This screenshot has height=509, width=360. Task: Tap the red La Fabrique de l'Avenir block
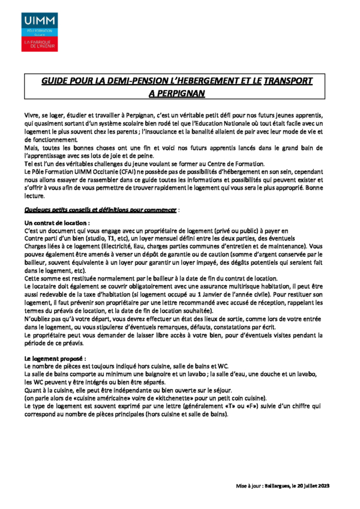[39, 44]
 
